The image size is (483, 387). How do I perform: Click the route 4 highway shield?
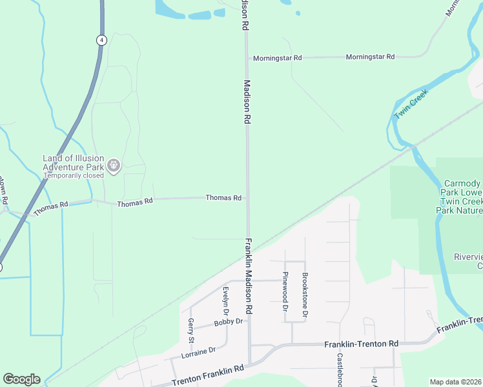101,40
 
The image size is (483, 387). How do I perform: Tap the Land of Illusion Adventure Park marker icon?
114,166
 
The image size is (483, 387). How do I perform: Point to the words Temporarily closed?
73,175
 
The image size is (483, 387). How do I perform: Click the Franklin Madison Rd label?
249,276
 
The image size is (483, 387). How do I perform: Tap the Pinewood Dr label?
285,290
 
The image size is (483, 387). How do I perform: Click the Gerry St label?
191,330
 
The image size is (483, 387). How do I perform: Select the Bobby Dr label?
230,321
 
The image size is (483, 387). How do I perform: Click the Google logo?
21,379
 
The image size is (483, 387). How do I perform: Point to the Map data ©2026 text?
455,382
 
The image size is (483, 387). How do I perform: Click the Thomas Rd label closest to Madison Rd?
223,197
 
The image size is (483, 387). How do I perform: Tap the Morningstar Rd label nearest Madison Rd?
278,58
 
